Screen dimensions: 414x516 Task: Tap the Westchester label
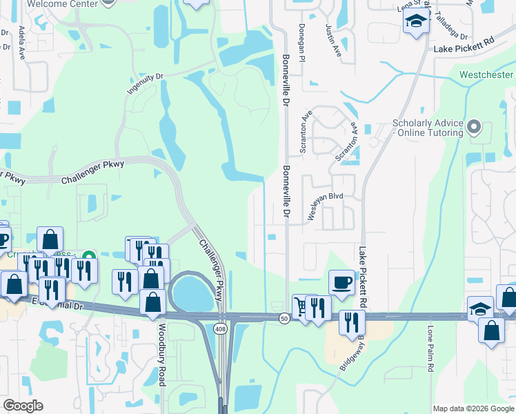(x=486, y=75)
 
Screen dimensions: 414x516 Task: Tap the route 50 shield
(x=284, y=318)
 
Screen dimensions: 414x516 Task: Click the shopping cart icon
(x=301, y=304)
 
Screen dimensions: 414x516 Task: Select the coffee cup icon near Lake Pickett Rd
(x=341, y=281)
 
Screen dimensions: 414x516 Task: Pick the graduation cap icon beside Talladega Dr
(x=417, y=23)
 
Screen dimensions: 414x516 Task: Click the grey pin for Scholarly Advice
(x=473, y=126)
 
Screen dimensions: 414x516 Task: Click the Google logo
(x=23, y=406)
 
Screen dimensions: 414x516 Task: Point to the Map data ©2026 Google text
(x=473, y=408)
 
